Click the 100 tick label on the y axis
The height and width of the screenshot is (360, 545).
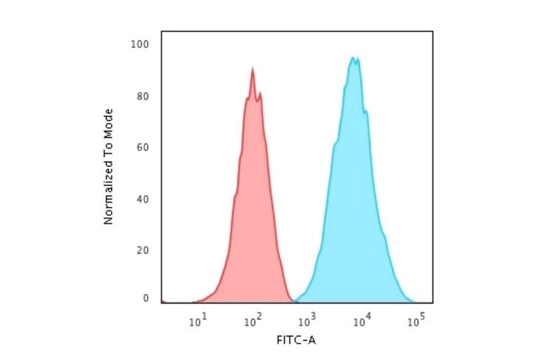[x=140, y=44]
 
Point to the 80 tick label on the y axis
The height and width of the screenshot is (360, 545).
[x=143, y=96]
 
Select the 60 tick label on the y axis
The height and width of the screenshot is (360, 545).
[x=143, y=147]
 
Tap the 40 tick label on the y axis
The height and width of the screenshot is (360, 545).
[x=143, y=199]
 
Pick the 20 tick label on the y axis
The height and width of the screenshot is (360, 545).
[x=143, y=250]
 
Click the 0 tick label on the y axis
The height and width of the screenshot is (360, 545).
[x=145, y=298]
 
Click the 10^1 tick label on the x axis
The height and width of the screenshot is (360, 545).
[x=198, y=321]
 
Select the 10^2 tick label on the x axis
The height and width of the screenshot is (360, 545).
[x=253, y=321]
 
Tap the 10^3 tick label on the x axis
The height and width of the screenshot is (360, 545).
[x=308, y=321]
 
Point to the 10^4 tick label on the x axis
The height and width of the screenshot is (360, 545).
[x=362, y=321]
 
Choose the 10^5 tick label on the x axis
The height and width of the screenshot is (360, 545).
[x=416, y=321]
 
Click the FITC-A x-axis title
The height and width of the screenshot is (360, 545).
[x=296, y=341]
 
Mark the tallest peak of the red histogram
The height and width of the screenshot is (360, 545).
[x=252, y=68]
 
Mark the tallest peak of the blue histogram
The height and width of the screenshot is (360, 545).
[x=353, y=58]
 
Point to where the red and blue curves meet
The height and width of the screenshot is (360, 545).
[x=295, y=301]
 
